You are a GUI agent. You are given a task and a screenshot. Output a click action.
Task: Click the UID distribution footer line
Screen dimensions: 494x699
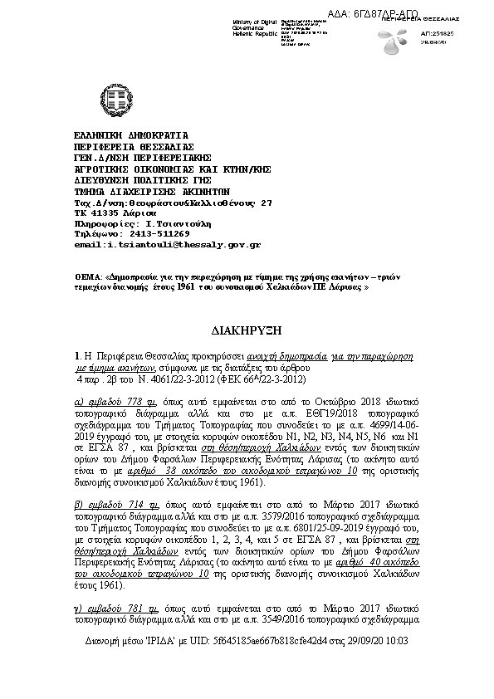(x=246, y=643)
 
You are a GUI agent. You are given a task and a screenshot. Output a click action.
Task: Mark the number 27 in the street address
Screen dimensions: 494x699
(x=266, y=202)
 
